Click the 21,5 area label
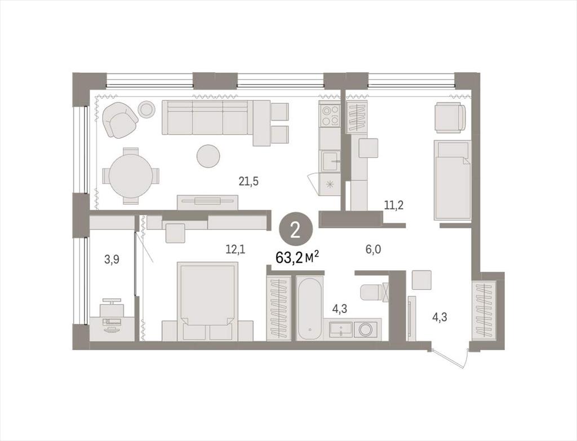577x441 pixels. [x=248, y=181]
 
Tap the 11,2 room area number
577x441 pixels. [x=394, y=205]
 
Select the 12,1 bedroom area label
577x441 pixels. [x=235, y=250]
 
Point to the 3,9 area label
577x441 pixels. [x=112, y=260]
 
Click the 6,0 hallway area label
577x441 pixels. [x=373, y=250]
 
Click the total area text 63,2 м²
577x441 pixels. [x=297, y=258]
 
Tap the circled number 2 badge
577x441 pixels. [x=296, y=231]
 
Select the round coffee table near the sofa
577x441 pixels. [x=208, y=156]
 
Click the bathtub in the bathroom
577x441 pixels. [x=310, y=308]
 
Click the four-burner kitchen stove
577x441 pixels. [x=330, y=115]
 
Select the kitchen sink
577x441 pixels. [x=331, y=161]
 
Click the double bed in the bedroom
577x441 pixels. [x=207, y=301]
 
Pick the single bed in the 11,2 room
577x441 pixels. [x=452, y=180]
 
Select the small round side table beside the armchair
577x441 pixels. [x=147, y=109]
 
